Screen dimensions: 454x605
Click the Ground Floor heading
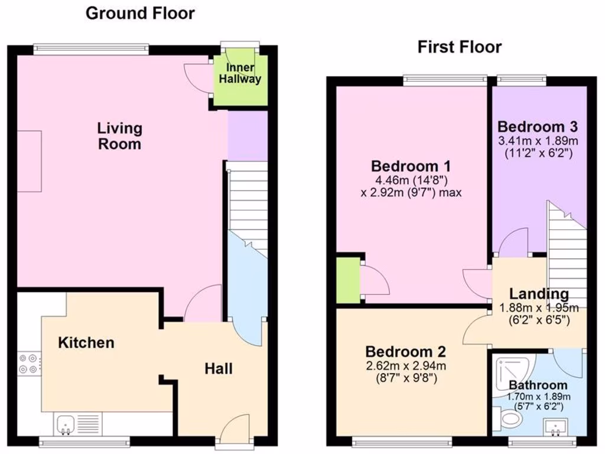coord(140,14)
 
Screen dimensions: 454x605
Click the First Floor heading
coord(459,47)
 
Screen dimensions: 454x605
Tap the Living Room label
coord(119,136)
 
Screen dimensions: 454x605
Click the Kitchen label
coord(86,342)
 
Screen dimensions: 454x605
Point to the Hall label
coord(218,369)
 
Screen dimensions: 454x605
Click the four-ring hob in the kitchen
coord(28,364)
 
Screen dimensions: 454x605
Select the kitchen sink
coord(65,423)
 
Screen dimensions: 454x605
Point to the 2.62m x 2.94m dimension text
coord(405,365)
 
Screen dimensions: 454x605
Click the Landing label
coord(539,294)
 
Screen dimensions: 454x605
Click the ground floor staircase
coord(248,207)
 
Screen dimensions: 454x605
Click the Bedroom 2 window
coord(402,440)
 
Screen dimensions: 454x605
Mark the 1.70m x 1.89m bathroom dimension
coord(538,396)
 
